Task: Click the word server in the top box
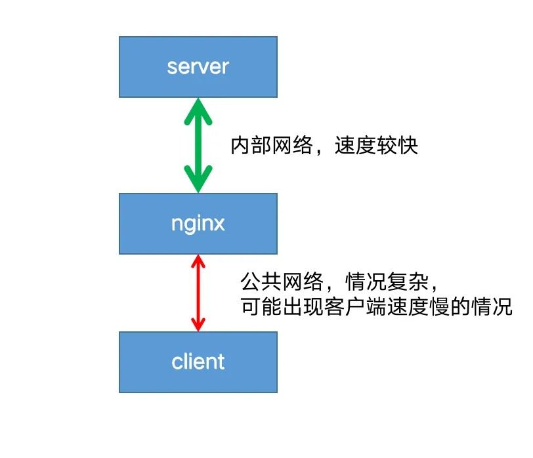pos(198,67)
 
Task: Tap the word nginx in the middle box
pos(198,224)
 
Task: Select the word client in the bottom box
pos(198,362)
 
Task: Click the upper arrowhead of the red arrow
pos(198,261)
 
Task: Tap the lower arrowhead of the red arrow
pos(198,325)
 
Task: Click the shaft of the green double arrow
pos(198,145)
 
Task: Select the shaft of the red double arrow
pos(198,293)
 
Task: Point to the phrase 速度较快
pos(376,146)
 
